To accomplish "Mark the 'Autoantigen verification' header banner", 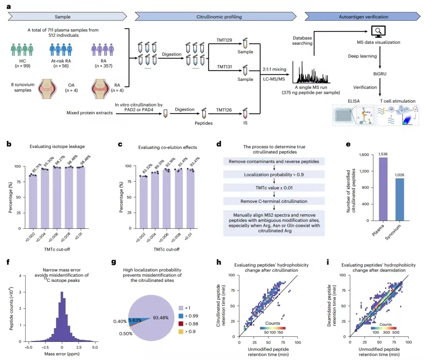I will click(363, 17).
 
